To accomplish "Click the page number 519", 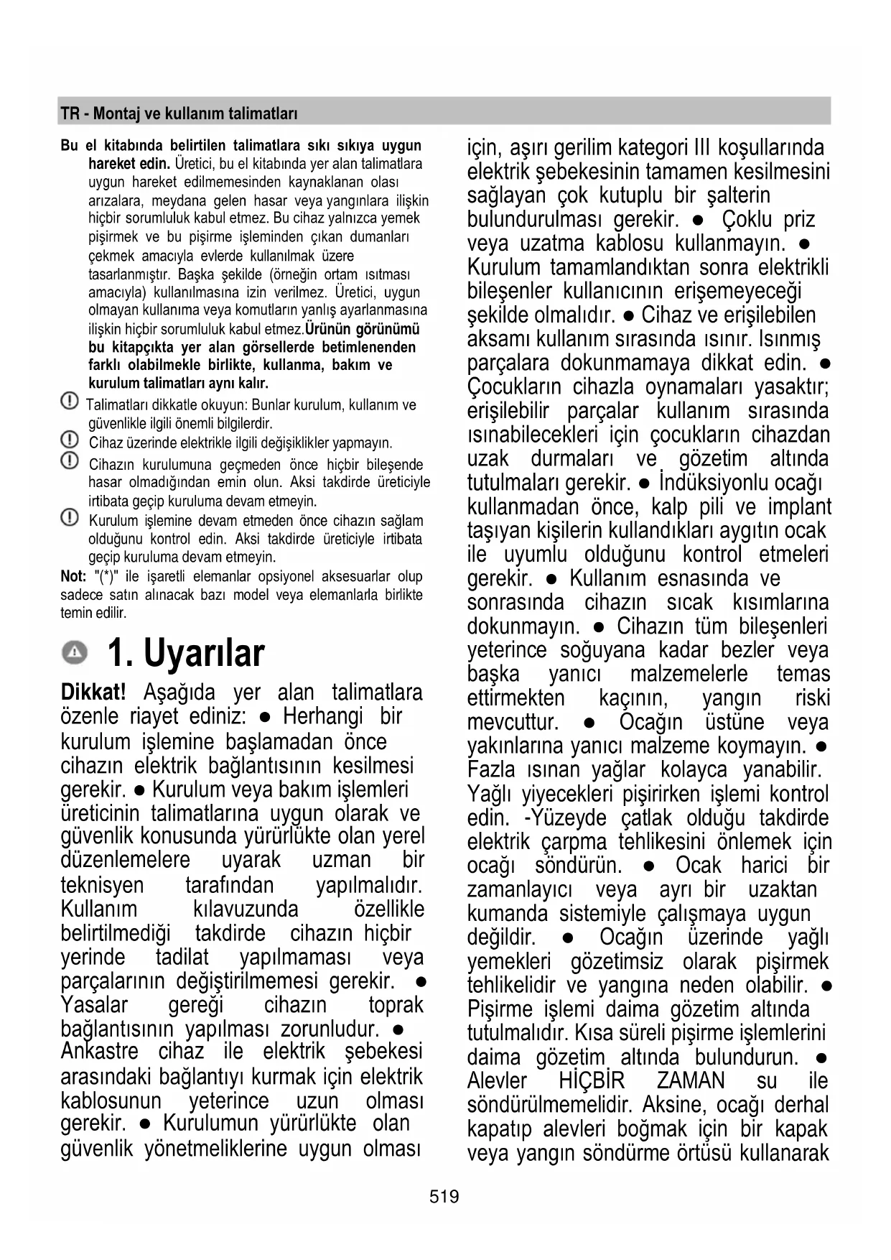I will coord(444,1196).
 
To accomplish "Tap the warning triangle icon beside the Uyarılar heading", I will coord(73,653).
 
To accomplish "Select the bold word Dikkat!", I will coord(93,692).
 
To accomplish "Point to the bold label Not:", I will coord(73,576).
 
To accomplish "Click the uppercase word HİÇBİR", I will coord(592,1080).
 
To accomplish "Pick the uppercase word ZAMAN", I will coord(691,1080).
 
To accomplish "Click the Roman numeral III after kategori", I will coord(701,148).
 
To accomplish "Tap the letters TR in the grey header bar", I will coord(70,114).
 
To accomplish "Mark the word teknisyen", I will coord(102,885).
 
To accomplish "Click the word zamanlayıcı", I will coord(519,889).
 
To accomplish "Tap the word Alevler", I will coord(497,1080).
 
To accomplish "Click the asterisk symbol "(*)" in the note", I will coord(108,576).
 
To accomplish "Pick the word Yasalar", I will coord(94,1004).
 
